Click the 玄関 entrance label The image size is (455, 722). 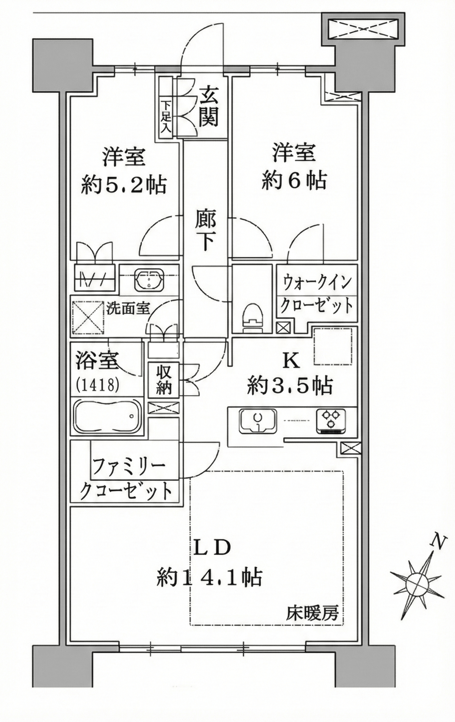click(x=209, y=106)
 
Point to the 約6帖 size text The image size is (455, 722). click(x=294, y=181)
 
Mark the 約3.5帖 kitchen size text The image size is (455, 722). click(x=290, y=386)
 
